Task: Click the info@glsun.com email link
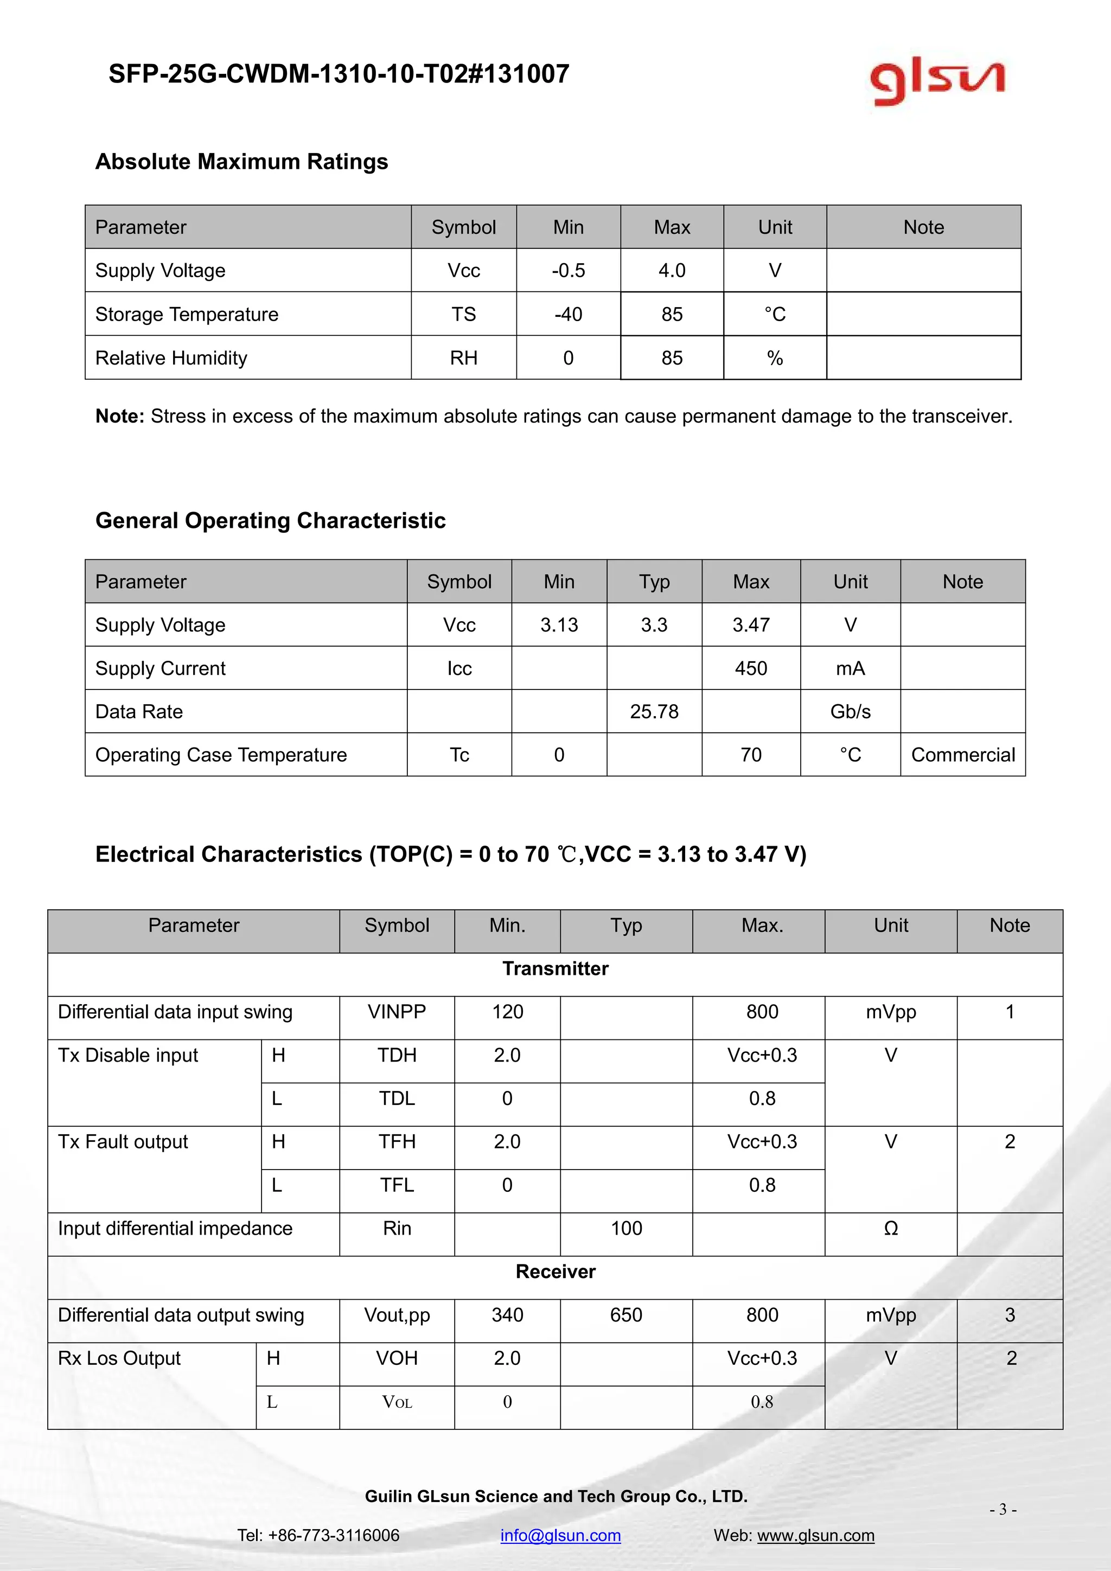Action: [560, 1535]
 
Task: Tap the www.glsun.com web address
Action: [815, 1535]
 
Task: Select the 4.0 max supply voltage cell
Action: [671, 270]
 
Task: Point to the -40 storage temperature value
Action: [568, 314]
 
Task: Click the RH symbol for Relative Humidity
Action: [463, 358]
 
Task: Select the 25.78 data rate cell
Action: [654, 712]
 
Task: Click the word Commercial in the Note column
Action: [962, 755]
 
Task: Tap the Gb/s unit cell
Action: [851, 712]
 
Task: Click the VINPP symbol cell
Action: [397, 1011]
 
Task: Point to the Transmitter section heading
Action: [555, 968]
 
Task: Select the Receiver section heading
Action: [555, 1272]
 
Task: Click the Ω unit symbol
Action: [891, 1228]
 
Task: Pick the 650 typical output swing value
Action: [626, 1314]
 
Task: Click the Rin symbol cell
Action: [397, 1228]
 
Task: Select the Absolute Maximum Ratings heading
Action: [241, 162]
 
